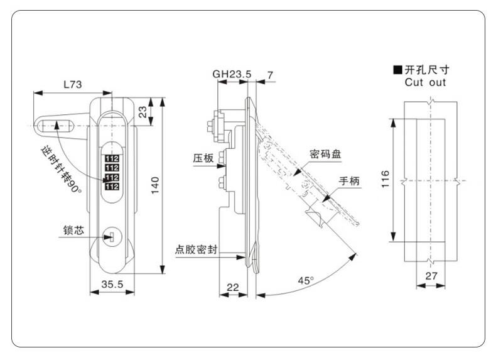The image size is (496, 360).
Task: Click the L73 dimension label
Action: point(73,85)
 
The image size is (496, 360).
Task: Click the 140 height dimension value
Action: point(155,185)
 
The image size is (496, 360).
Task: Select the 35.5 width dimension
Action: point(112,284)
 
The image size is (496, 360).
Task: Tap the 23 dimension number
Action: point(143,112)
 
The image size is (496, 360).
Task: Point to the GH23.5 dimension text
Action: point(232,74)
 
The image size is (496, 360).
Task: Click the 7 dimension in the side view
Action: point(270,75)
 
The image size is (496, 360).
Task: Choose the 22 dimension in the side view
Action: point(233,287)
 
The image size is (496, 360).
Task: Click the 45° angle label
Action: point(306,281)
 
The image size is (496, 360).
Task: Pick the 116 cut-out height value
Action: point(385,179)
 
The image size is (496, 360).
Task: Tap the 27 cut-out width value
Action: point(431,276)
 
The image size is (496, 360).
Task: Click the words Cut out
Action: point(425,82)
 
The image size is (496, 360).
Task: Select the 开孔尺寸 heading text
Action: point(427,70)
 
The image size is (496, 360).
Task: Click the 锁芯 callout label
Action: point(73,230)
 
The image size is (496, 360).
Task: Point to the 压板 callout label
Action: point(203,158)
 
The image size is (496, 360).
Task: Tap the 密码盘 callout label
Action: point(325,154)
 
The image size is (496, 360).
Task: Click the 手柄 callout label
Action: point(349,181)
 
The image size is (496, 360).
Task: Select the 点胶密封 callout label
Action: point(196,249)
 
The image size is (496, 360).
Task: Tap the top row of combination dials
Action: point(112,158)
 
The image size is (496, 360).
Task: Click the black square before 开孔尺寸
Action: point(398,70)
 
